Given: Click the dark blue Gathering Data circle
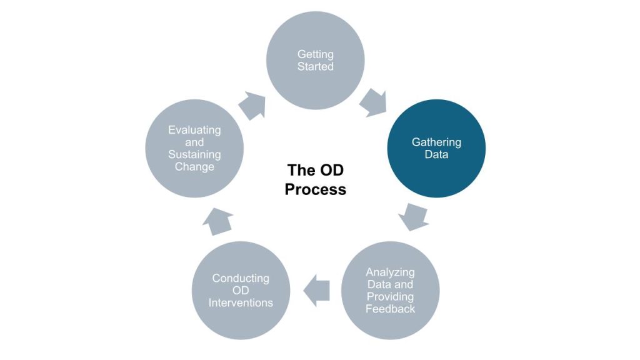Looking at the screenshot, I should tap(436, 148).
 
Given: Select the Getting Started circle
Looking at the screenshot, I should tap(315, 61).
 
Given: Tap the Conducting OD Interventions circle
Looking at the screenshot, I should tap(241, 290).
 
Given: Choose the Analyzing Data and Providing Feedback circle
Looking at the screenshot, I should tap(391, 290).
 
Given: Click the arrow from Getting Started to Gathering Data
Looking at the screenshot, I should tap(373, 102).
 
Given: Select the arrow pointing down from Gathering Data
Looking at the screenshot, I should tap(413, 216).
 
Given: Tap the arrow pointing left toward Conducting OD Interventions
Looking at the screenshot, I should tap(316, 290).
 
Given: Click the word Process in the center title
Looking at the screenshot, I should tap(315, 189).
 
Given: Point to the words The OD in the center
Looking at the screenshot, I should tap(315, 170).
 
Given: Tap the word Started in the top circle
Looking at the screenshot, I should tap(315, 66).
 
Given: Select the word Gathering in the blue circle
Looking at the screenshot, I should tap(436, 142).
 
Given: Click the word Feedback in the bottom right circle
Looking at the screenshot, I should tap(391, 308).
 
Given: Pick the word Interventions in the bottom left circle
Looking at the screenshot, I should tap(241, 302).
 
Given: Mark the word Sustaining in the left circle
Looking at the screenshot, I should tap(194, 154).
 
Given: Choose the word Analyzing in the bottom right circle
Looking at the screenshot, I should tap(391, 272).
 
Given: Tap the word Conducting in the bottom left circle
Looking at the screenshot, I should tap(241, 278).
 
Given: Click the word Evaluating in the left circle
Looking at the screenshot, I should tap(194, 130).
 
